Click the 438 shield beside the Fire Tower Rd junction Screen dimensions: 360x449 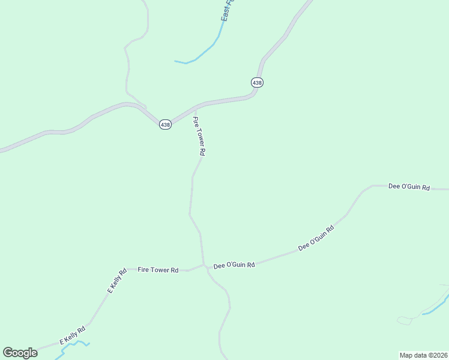165,124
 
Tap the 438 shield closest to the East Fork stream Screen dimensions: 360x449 257,82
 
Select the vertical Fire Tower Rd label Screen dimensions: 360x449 199,137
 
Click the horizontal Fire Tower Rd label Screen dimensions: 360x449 158,270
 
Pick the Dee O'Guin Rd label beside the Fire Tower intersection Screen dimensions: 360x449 234,265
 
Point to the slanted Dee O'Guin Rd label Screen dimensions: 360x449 316,238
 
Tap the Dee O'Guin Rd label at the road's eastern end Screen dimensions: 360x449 409,187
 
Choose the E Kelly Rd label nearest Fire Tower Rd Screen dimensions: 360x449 116,280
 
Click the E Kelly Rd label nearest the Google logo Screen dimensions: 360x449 72,335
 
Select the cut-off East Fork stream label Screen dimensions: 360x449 226,11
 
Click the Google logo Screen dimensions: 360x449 20,352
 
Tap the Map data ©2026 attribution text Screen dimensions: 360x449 423,355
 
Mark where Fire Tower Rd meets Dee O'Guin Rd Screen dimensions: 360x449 204,265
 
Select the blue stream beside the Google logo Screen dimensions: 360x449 72,344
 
